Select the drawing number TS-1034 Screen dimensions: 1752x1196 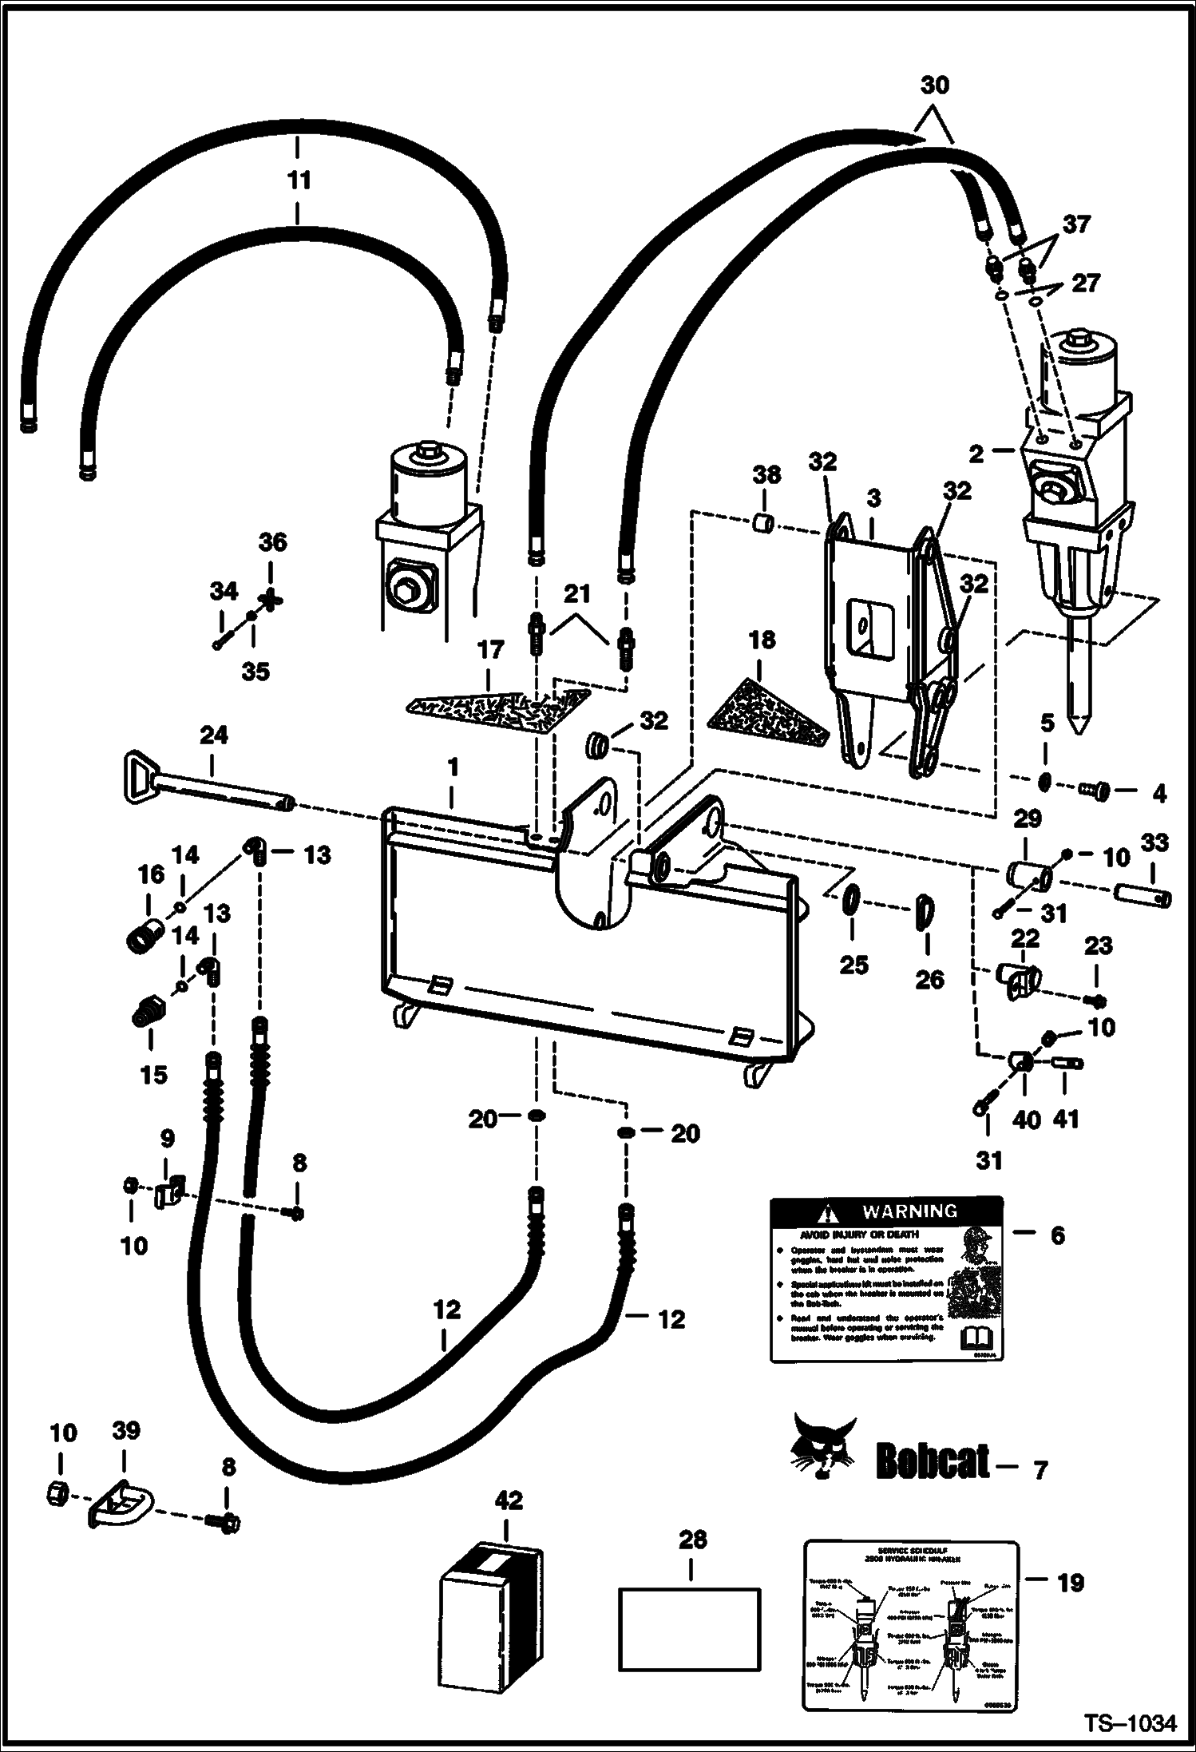pos(1129,1724)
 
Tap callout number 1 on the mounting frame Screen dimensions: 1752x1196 pos(453,767)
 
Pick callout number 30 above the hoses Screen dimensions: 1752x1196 pos(935,85)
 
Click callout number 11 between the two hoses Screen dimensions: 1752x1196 pos(298,180)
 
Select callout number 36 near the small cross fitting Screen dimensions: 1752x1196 pos(272,543)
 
